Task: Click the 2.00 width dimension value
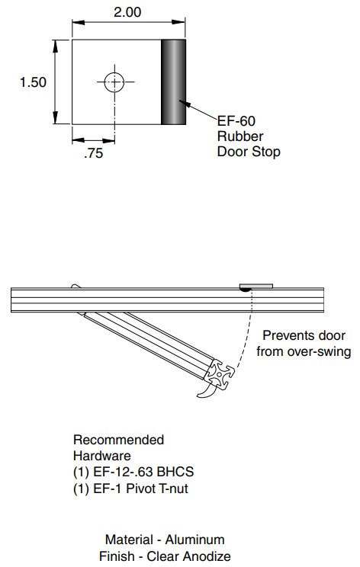tap(127, 12)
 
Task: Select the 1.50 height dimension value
tap(33, 82)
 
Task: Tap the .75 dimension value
tap(93, 153)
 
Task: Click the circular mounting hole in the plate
tap(114, 82)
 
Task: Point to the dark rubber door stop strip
tap(173, 82)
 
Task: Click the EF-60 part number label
tap(236, 120)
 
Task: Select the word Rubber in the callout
tap(240, 136)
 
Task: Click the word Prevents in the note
tap(284, 335)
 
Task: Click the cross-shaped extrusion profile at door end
tap(219, 375)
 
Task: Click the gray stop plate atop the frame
tap(256, 286)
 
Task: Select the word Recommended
tap(119, 440)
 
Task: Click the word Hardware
tap(102, 456)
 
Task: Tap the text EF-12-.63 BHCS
tap(143, 472)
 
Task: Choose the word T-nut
tap(174, 489)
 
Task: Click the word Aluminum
tap(195, 540)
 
